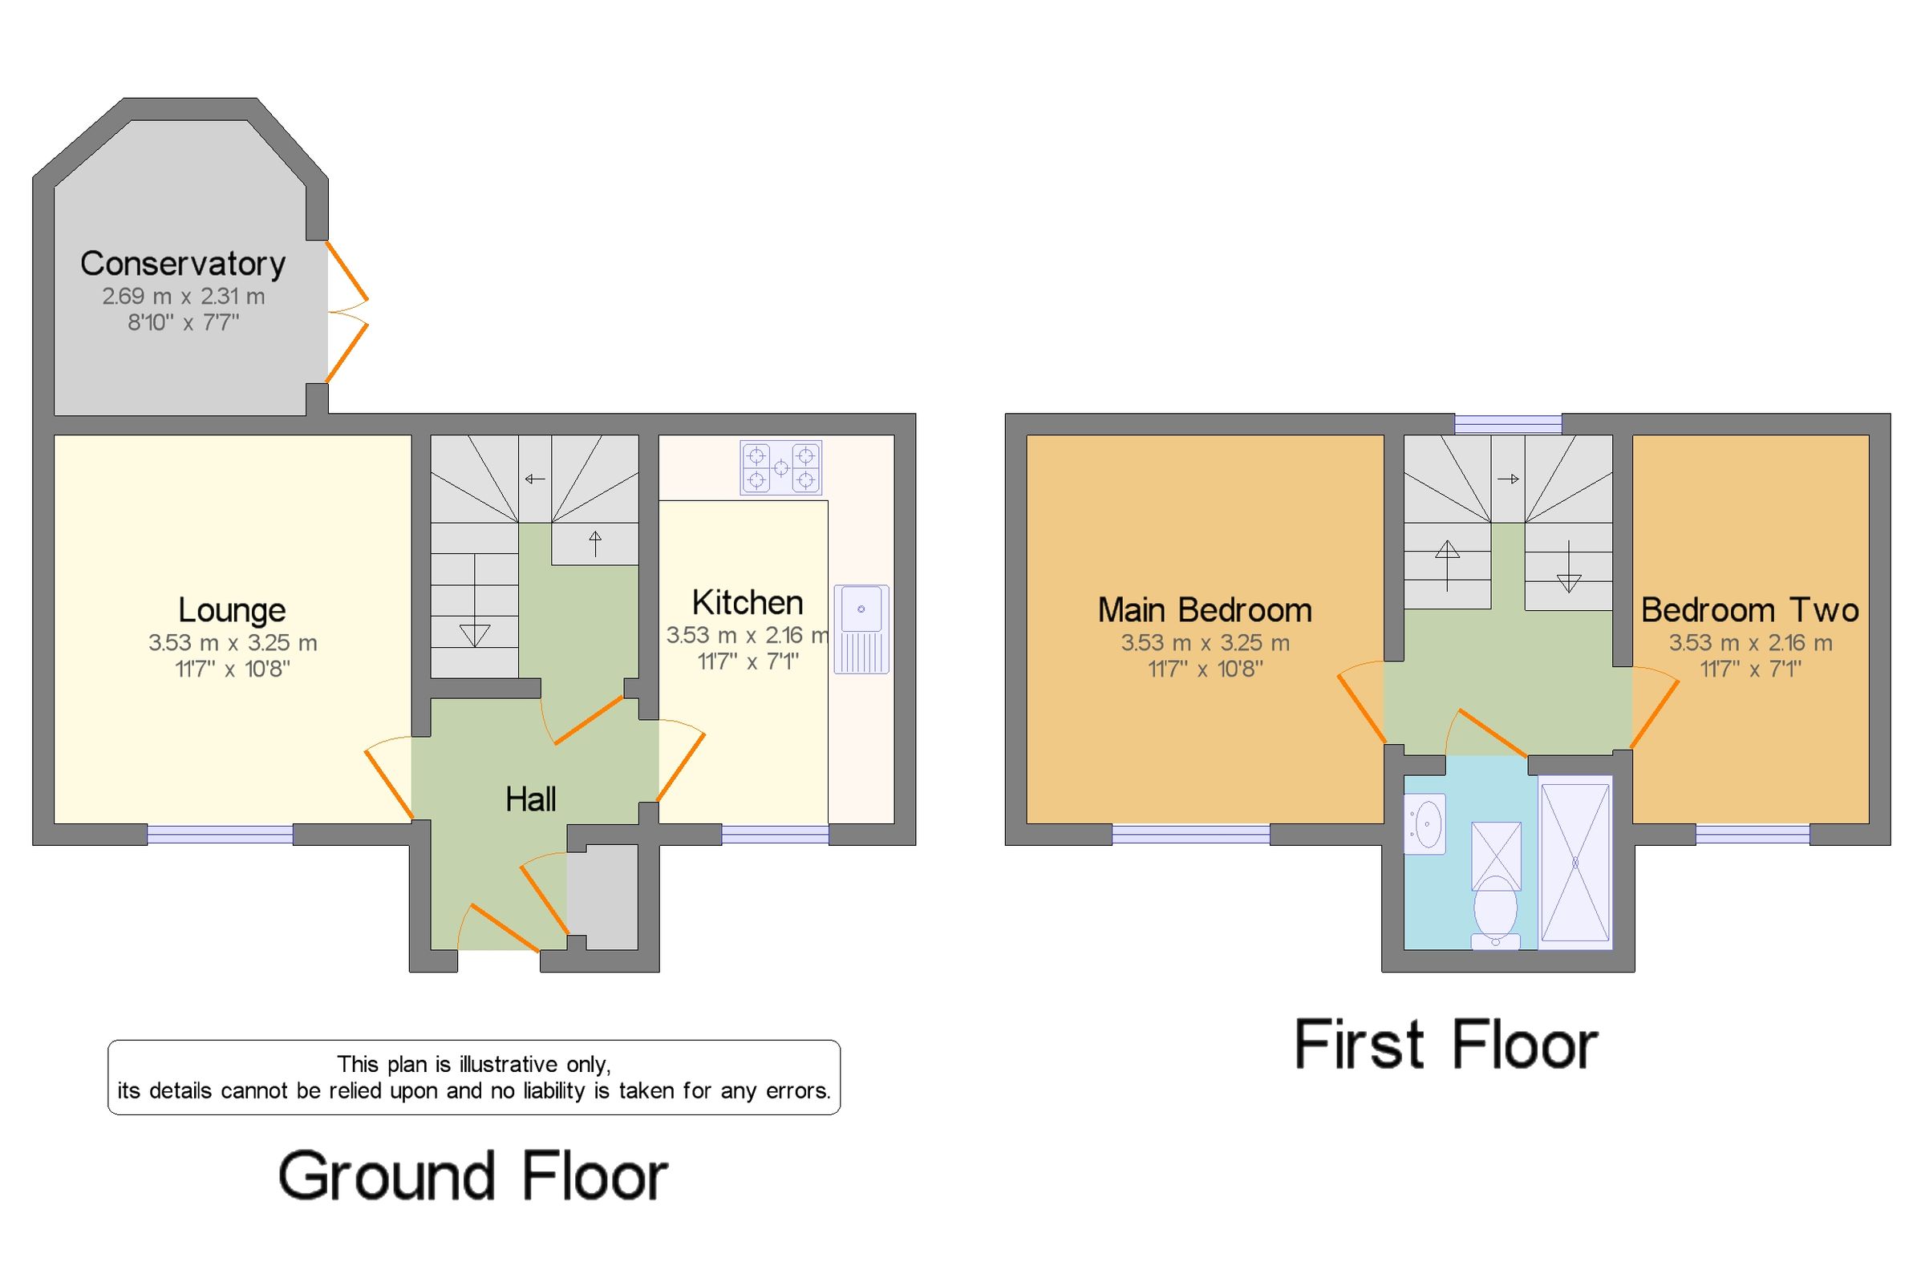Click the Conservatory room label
(182, 263)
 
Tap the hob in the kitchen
(780, 467)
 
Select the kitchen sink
(861, 628)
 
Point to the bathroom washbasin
(1425, 823)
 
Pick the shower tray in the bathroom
(1574, 862)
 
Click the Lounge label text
(232, 610)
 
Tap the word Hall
(530, 799)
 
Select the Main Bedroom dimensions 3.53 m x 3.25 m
(1205, 643)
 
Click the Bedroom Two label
(1749, 610)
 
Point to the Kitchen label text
(747, 603)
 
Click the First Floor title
(1445, 1045)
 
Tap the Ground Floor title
(472, 1175)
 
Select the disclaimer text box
(473, 1077)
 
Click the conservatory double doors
(347, 312)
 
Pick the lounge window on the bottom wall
(219, 834)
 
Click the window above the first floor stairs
(1507, 423)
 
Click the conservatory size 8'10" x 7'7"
(183, 322)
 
